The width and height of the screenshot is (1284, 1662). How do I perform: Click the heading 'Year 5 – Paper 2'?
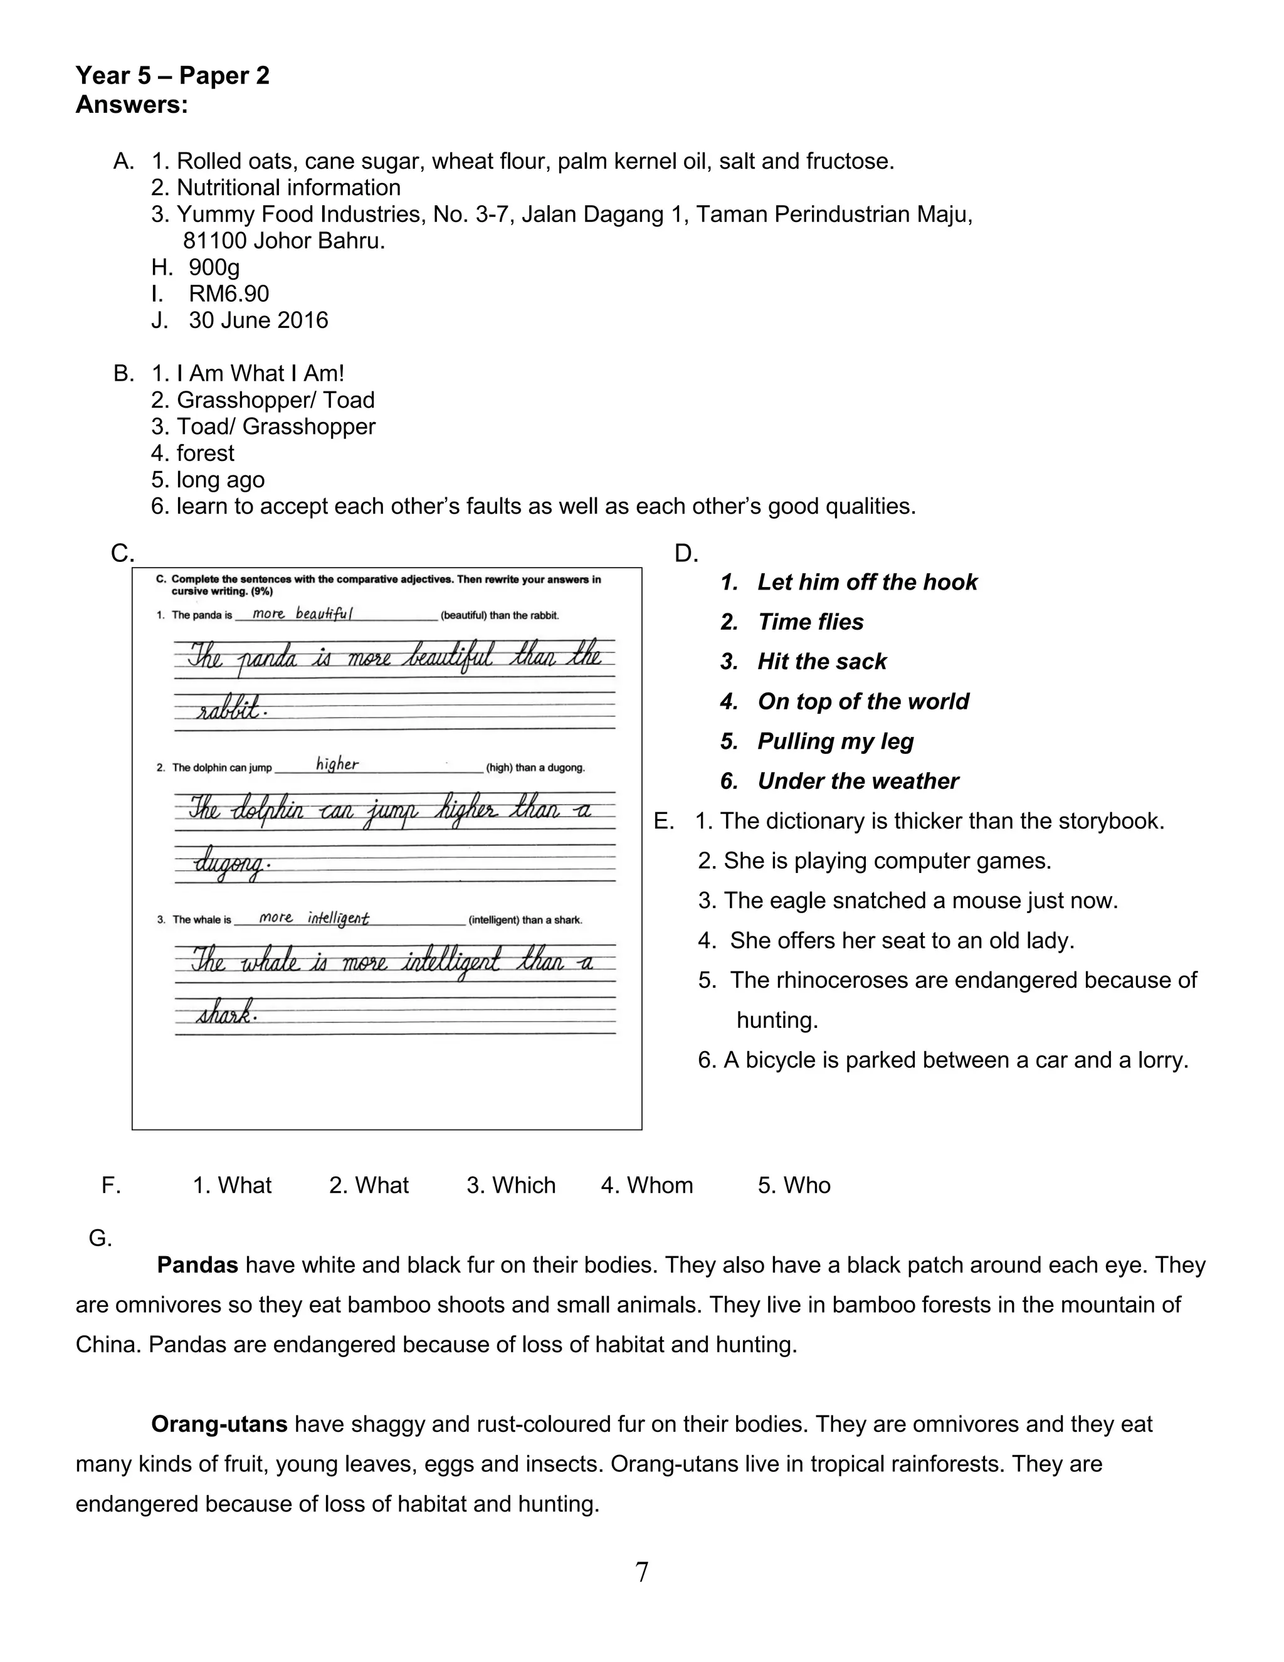click(172, 75)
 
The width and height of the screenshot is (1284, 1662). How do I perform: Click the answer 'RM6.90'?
click(228, 294)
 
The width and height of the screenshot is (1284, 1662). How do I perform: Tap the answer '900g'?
click(214, 267)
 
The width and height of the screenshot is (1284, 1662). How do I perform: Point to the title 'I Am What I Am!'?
click(260, 374)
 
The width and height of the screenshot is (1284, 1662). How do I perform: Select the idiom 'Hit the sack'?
click(821, 661)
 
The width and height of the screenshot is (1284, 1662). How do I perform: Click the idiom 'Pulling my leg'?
click(835, 741)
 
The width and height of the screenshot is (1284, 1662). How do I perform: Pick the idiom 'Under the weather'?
click(857, 781)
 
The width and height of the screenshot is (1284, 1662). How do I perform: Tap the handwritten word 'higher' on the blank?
click(337, 764)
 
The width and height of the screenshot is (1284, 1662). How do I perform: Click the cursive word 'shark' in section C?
click(224, 1014)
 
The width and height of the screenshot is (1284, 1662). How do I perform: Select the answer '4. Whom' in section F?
click(646, 1185)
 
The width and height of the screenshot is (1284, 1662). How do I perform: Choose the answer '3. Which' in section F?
click(510, 1185)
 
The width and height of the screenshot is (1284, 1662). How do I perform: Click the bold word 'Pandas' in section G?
click(197, 1266)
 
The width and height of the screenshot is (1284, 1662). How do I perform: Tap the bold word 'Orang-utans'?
click(219, 1424)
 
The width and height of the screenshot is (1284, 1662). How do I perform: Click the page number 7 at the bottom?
click(641, 1572)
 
